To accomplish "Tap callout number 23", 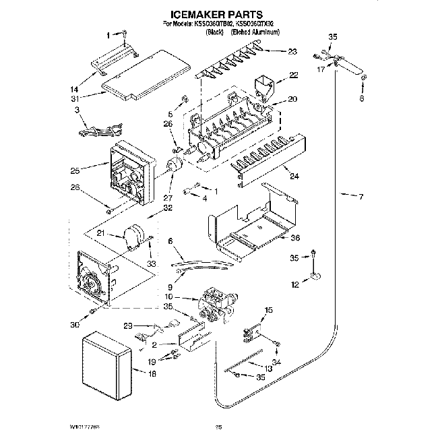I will pyautogui.click(x=292, y=52).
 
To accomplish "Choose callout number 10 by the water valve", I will pyautogui.click(x=168, y=297).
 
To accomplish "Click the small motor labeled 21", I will pyautogui.click(x=135, y=236).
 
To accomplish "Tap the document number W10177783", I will pyautogui.click(x=88, y=427).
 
